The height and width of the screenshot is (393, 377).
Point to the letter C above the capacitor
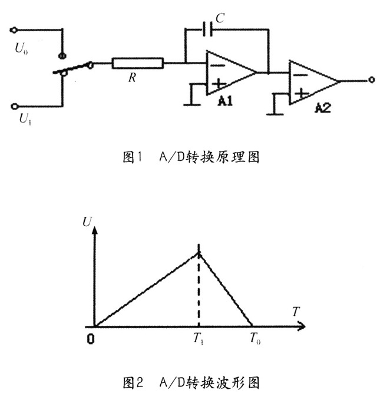[x=219, y=18]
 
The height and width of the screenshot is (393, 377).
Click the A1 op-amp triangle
[x=230, y=72]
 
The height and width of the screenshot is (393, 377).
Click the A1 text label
[x=224, y=101]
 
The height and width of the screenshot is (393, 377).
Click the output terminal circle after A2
[x=371, y=80]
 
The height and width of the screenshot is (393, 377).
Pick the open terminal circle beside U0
[x=15, y=29]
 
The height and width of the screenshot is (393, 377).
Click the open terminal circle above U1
[x=15, y=107]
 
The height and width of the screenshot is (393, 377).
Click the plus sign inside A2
[x=301, y=93]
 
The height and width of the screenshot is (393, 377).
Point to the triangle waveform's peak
[x=199, y=252]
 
